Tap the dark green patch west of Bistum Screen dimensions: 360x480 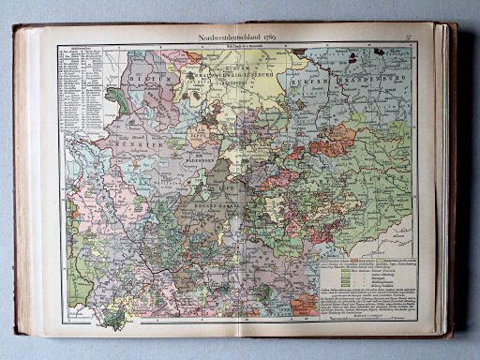(117, 97)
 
